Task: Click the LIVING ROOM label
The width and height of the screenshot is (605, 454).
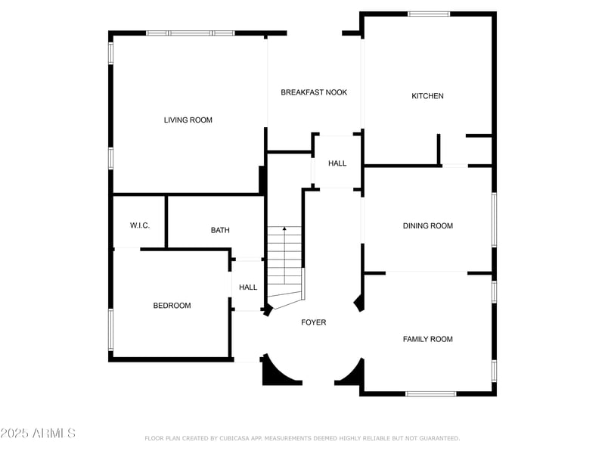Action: (188, 120)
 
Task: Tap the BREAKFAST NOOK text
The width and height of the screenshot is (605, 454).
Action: (314, 92)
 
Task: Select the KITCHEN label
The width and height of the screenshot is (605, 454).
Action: (427, 96)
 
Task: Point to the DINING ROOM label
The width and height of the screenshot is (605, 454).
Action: (428, 225)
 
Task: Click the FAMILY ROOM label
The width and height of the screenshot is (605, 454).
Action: (428, 339)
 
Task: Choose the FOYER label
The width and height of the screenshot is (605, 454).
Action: (314, 322)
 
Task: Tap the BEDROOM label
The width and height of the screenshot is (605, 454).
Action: (172, 306)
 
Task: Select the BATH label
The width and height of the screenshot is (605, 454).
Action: (220, 230)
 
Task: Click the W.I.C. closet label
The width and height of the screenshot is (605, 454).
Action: (140, 225)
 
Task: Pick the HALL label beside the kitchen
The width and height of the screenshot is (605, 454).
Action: (337, 163)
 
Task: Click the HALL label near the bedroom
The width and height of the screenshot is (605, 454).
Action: (248, 288)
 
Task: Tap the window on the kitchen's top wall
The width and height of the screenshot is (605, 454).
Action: (429, 14)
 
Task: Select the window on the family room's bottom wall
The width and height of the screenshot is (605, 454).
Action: (430, 393)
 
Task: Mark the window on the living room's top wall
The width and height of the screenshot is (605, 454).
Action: (191, 33)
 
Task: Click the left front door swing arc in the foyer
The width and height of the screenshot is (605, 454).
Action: (282, 371)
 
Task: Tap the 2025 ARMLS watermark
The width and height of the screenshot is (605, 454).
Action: (38, 433)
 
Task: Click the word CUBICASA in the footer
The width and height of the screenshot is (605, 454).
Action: (237, 438)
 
